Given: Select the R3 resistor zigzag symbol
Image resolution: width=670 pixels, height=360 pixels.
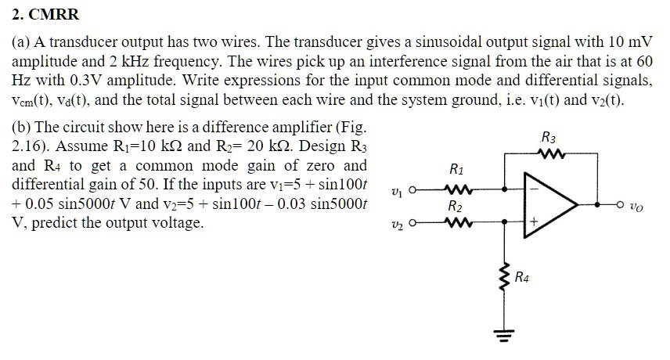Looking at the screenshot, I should click(548, 154).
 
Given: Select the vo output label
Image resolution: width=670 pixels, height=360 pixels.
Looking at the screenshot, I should click(640, 207).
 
